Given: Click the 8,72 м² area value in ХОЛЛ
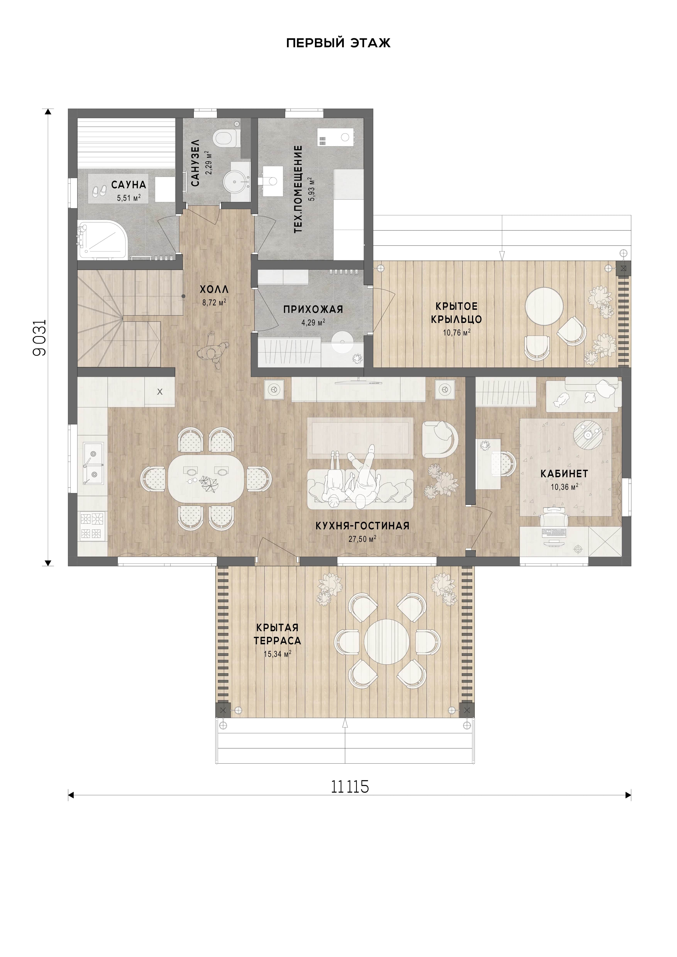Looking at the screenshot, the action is point(214,303).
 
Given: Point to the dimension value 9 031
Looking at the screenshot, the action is point(40,338).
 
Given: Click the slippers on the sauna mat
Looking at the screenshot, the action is point(99,191).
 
